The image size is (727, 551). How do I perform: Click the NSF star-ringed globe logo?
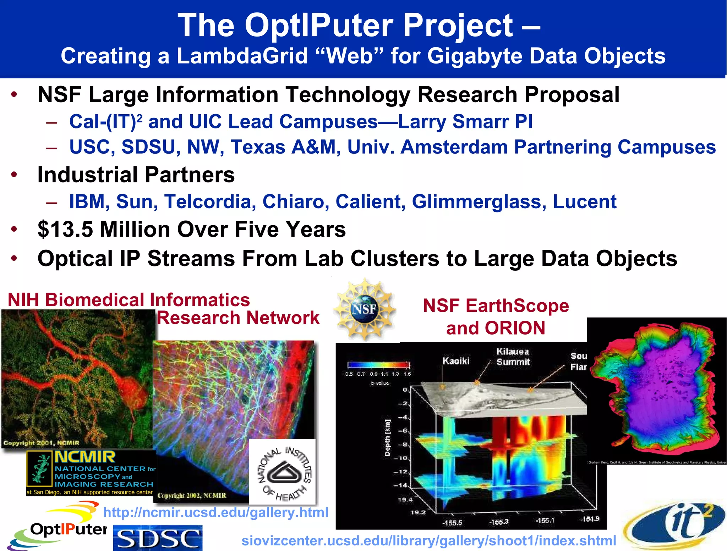[365, 309]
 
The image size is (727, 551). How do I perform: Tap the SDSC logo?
[158, 538]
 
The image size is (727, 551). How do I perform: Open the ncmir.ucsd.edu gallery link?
[215, 512]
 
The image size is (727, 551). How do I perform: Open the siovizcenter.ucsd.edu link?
[428, 541]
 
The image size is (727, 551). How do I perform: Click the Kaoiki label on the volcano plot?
[456, 361]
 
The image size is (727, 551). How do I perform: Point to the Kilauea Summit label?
[513, 357]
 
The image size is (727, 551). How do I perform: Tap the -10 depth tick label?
[402, 458]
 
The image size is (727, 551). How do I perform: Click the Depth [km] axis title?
[387, 438]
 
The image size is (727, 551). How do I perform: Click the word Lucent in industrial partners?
[584, 202]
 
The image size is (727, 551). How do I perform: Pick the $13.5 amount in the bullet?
[65, 229]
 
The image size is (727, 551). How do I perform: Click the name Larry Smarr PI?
[465, 121]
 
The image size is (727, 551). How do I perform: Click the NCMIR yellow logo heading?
[85, 457]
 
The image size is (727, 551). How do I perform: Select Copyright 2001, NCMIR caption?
[41, 443]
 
